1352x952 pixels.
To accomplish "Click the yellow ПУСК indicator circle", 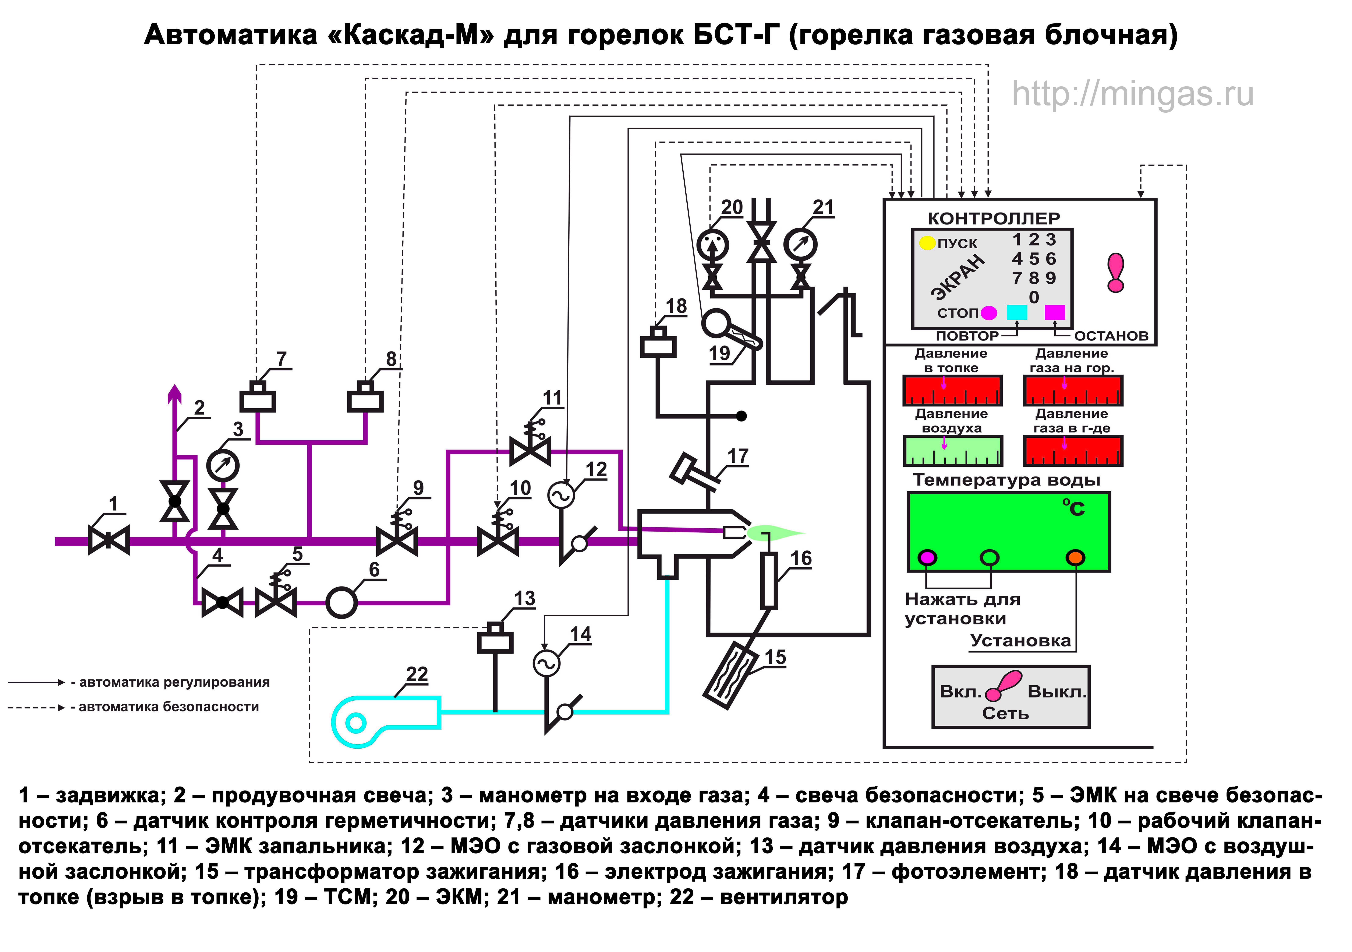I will [x=927, y=243].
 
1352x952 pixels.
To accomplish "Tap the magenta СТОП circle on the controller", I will [x=989, y=313].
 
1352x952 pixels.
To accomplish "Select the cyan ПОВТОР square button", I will [x=1017, y=312].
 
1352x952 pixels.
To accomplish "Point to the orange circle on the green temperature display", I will [x=1075, y=557].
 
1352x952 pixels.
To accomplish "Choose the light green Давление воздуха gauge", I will [x=952, y=451].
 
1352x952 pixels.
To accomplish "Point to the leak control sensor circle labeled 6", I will [x=341, y=602].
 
